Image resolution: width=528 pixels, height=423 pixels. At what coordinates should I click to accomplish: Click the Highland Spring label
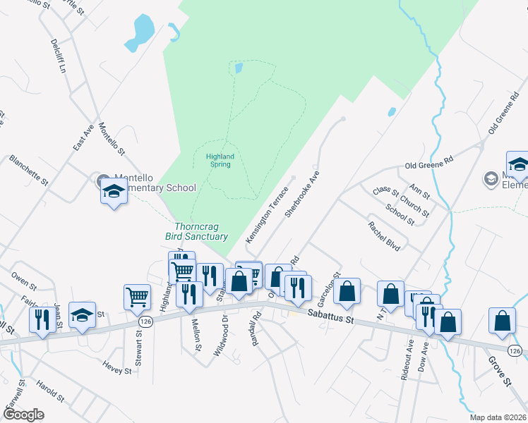tap(220, 160)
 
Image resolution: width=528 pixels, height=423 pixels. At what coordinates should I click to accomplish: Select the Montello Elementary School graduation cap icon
tap(113, 191)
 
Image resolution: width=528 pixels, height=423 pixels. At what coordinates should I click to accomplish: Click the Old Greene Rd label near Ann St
tap(428, 164)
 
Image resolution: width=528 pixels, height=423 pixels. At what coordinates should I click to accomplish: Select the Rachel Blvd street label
tap(383, 236)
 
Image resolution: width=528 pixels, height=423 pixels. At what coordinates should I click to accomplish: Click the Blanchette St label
tap(28, 171)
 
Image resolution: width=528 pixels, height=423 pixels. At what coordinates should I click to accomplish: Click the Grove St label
tap(498, 371)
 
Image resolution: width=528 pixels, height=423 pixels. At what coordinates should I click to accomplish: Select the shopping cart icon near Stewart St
tap(137, 297)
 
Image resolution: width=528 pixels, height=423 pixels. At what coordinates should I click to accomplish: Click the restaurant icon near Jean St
tap(42, 319)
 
